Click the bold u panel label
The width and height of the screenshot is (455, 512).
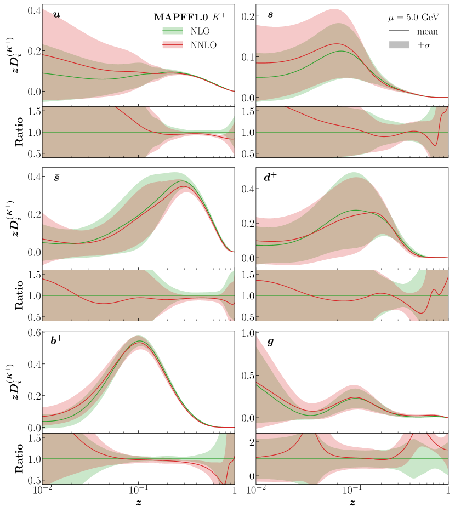coord(56,14)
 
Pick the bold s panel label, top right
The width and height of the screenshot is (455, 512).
coord(270,14)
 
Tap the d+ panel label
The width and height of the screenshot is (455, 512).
coord(271,178)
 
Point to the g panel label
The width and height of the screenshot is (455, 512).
coord(270,342)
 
